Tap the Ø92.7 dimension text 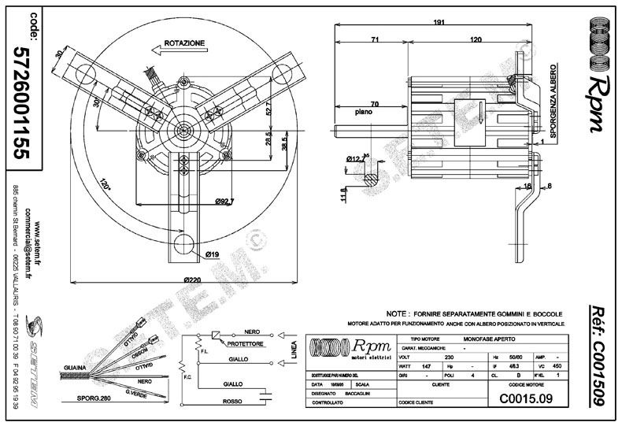[x=225, y=202]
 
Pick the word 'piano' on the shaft [x=364, y=112]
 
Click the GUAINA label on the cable [x=76, y=368]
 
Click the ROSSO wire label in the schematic [x=233, y=402]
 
